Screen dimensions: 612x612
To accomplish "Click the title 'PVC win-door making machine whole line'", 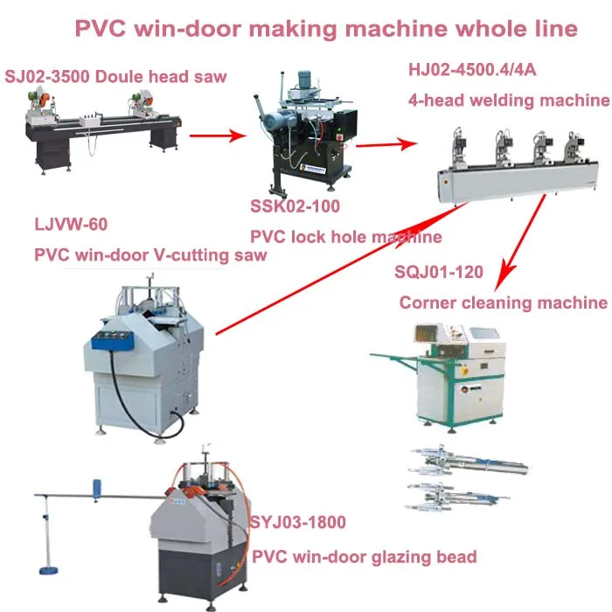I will point(326,29).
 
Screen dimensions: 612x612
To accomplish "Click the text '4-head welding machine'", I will point(508,101).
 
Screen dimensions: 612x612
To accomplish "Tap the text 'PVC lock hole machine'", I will point(345,237).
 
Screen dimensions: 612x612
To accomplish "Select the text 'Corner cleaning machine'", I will point(503,303).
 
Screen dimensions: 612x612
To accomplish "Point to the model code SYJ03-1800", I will point(298,523).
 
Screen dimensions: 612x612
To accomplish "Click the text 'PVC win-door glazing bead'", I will point(364,556).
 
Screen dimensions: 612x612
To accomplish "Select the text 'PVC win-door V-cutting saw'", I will point(150,255).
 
